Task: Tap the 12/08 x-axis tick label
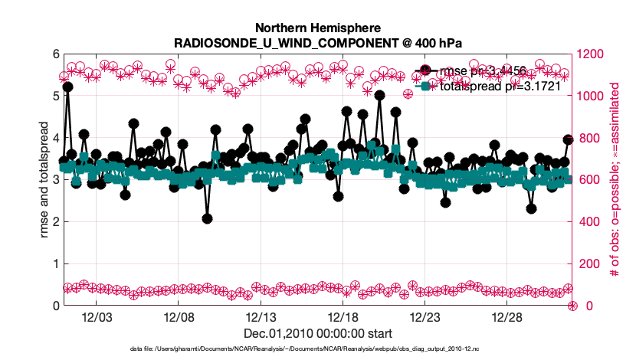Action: click(178, 317)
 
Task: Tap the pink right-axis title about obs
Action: click(614, 180)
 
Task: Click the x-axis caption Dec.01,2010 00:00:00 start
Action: click(317, 333)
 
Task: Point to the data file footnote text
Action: click(317, 349)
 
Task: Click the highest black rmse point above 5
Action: click(67, 87)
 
